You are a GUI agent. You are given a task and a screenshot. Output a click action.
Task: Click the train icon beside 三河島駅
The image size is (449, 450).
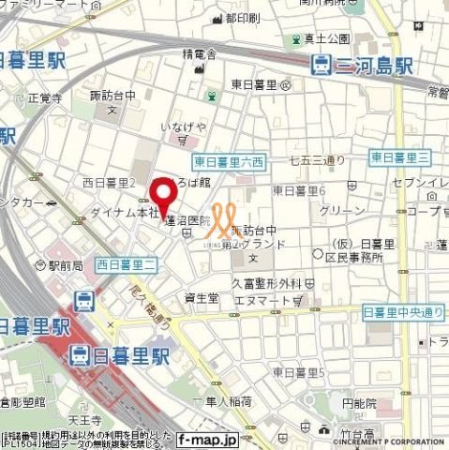pyautogui.click(x=322, y=64)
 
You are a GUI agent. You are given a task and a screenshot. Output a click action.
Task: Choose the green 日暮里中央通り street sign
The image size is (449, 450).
pyautogui.click(x=403, y=311)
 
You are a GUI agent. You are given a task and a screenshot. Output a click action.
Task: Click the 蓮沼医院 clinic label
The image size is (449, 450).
pyautogui.click(x=187, y=221)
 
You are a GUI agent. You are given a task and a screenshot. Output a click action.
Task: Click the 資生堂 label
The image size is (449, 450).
pyautogui.click(x=202, y=299)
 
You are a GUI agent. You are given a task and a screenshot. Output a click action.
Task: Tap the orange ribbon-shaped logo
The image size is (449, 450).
pyautogui.click(x=221, y=221)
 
